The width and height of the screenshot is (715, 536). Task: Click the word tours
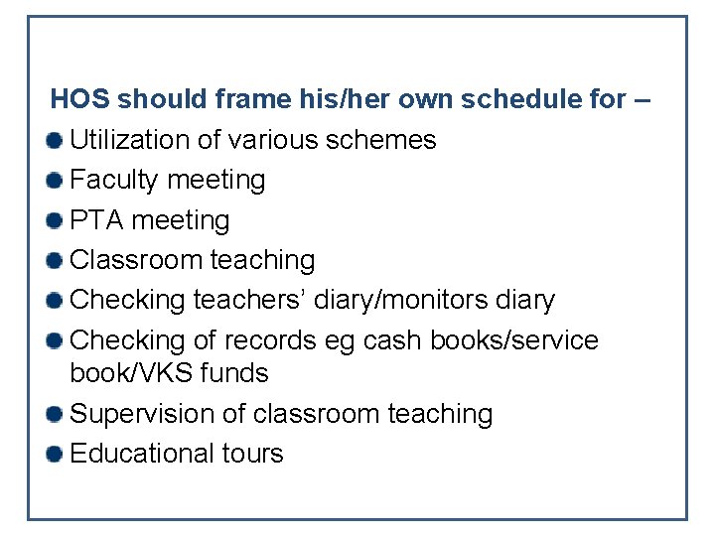[256, 454]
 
